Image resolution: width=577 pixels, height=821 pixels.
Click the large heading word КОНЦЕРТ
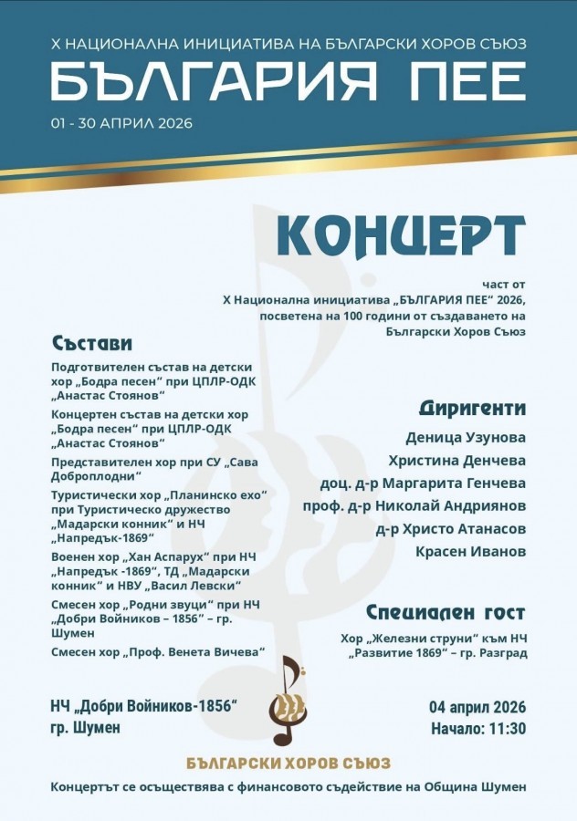pos(401,236)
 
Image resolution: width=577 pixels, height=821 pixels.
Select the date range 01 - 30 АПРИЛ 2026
pos(121,123)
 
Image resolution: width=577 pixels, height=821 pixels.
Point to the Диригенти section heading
pos(472,407)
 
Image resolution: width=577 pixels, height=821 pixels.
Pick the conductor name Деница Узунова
pos(465,437)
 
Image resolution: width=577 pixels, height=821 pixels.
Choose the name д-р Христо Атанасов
pos(450,528)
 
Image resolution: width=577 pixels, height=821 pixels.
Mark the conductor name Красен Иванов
pos(470,551)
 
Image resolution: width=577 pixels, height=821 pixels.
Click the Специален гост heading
pos(446,612)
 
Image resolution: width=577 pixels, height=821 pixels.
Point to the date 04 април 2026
pos(477,708)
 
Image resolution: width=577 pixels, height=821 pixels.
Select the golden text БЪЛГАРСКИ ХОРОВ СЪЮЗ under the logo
pos(288,762)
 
